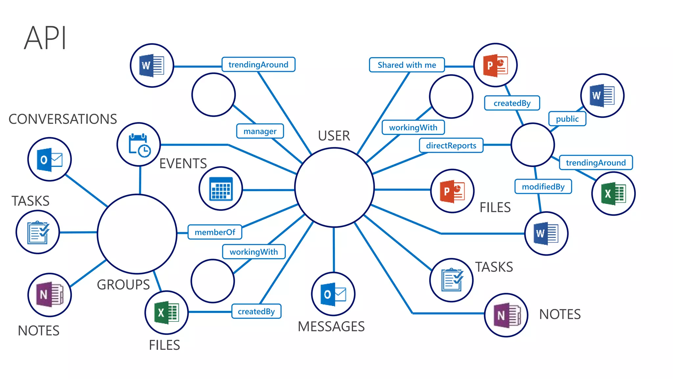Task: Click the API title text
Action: [45, 38]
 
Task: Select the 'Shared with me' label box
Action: [406, 65]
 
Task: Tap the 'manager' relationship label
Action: [260, 131]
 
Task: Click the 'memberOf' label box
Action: [215, 232]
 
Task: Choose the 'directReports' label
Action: [451, 145]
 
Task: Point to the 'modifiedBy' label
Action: [543, 187]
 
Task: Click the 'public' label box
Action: [567, 119]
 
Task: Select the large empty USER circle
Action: [334, 188]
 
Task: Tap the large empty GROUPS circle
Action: [137, 234]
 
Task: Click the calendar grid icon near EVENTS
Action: [221, 189]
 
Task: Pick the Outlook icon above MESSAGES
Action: [333, 294]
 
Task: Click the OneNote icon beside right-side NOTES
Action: [506, 315]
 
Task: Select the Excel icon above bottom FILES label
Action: [167, 313]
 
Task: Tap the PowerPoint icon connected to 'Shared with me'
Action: [495, 65]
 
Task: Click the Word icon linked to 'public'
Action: [602, 95]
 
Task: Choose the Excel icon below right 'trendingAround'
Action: [613, 193]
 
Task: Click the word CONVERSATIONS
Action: [63, 119]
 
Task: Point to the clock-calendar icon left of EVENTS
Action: [139, 144]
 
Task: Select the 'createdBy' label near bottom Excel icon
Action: [256, 311]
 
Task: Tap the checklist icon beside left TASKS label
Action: [38, 232]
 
